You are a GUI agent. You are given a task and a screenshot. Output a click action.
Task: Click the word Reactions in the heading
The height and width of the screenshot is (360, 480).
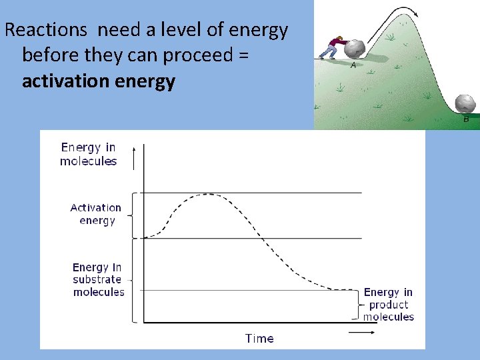pyautogui.click(x=46, y=30)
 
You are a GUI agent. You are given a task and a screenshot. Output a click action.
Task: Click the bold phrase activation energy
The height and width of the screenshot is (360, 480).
pyautogui.click(x=99, y=81)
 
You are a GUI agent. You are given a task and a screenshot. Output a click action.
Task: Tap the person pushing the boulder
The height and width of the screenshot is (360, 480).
pyautogui.click(x=331, y=49)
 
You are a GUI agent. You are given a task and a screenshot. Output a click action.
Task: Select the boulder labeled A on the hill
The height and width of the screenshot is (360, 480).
pyautogui.click(x=354, y=49)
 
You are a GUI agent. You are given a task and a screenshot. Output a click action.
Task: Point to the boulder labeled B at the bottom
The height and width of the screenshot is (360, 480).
pyautogui.click(x=465, y=104)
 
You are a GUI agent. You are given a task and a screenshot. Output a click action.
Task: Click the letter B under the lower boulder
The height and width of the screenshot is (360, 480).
pyautogui.click(x=466, y=119)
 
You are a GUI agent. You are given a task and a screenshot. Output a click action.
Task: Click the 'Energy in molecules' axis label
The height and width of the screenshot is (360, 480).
pyautogui.click(x=88, y=154)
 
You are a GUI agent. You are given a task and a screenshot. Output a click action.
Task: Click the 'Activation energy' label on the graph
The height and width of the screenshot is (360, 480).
pyautogui.click(x=96, y=214)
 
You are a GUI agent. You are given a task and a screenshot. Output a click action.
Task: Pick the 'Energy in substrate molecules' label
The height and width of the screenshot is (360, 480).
pyautogui.click(x=98, y=279)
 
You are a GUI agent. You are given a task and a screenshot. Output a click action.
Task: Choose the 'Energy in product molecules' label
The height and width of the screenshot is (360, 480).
pyautogui.click(x=388, y=304)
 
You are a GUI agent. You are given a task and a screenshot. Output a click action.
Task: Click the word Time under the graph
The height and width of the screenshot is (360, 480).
pyautogui.click(x=259, y=339)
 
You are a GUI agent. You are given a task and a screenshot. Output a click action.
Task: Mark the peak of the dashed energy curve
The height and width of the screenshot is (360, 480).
pyautogui.click(x=209, y=195)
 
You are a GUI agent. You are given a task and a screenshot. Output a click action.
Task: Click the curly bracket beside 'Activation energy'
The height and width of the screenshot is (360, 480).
pyautogui.click(x=133, y=215)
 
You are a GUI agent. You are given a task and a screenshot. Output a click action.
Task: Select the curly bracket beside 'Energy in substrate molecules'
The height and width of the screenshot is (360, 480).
pyautogui.click(x=133, y=280)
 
